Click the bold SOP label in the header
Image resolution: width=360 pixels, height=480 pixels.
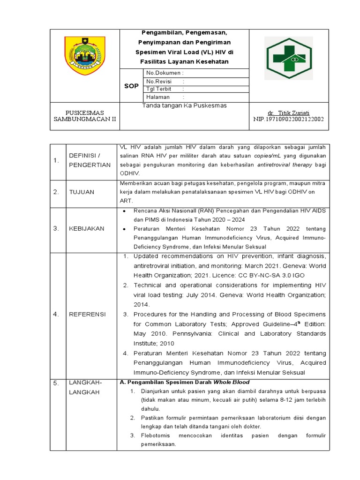(x=131, y=86)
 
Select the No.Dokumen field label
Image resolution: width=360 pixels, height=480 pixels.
(x=165, y=73)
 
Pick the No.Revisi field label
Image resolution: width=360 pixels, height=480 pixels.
(x=160, y=82)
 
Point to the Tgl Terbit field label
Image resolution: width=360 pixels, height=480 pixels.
(x=159, y=89)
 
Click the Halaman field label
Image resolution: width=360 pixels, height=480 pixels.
(x=158, y=97)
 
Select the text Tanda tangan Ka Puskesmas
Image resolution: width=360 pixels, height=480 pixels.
(x=184, y=106)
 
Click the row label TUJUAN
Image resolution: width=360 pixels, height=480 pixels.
(x=82, y=192)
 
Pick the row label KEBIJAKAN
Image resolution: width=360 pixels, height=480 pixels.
(x=87, y=228)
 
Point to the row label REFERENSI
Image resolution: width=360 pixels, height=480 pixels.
(x=87, y=314)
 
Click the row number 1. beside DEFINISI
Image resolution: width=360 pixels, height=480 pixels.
(x=56, y=160)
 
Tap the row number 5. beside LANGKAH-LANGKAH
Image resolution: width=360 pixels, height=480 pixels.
(x=56, y=383)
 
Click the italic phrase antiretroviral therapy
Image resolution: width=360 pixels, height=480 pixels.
(x=286, y=165)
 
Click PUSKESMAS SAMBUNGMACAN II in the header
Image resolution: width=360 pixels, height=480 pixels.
(x=85, y=116)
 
